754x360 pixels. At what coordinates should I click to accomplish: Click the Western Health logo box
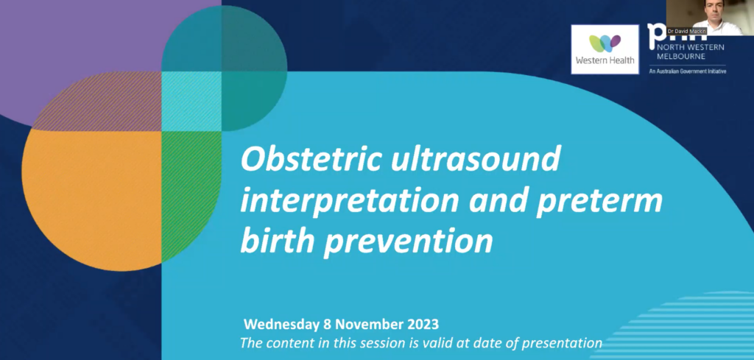(x=605, y=49)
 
